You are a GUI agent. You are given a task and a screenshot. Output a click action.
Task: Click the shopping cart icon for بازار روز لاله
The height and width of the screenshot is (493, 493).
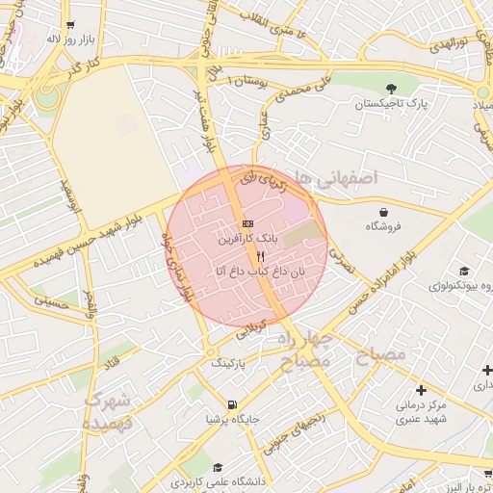(x=69, y=25)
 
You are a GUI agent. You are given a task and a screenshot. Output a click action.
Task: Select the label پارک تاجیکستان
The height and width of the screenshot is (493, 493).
(x=390, y=103)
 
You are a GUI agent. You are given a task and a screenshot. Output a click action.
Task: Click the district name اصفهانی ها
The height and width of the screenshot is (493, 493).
(x=338, y=177)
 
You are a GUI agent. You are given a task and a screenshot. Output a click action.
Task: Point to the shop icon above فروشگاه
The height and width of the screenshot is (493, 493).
(x=384, y=212)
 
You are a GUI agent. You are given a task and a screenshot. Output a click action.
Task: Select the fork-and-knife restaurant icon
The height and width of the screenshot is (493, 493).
(x=259, y=257)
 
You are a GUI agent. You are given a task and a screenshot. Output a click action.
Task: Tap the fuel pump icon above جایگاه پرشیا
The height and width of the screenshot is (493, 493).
(x=232, y=404)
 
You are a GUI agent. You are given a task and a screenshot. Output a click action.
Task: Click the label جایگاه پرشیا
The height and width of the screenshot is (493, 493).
(x=232, y=419)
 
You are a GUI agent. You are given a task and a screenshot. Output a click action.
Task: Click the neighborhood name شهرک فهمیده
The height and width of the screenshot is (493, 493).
(x=106, y=411)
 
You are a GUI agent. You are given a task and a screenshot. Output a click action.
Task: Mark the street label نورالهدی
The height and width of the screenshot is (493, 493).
(x=448, y=45)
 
